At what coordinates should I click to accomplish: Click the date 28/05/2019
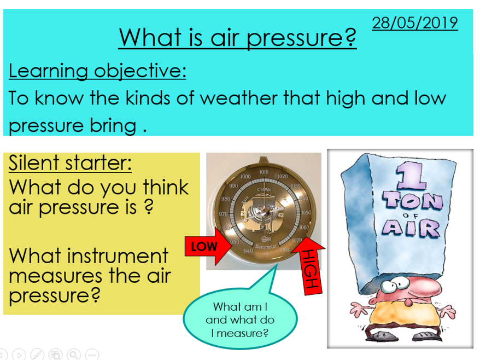tap(414, 24)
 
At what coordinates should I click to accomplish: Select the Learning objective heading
tap(97, 71)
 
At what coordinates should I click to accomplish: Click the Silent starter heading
tap(70, 163)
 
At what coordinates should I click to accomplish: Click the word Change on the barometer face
tap(264, 189)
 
